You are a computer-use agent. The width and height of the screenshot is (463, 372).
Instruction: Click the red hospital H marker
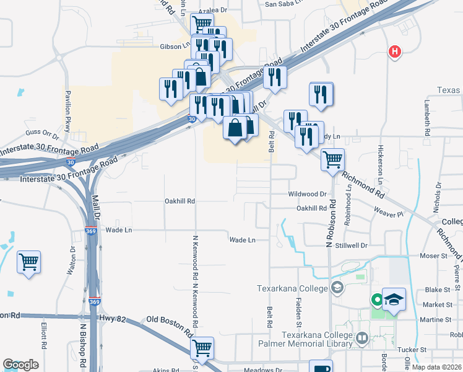click(394, 52)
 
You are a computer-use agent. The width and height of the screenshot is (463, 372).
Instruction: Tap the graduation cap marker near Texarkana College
click(394, 300)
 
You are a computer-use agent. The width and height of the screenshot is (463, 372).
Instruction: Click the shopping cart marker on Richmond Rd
click(333, 160)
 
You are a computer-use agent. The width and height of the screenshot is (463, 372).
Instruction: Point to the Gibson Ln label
click(175, 46)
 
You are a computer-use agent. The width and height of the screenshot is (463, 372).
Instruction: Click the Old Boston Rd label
click(167, 321)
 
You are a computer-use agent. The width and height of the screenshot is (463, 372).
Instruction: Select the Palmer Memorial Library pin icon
click(362, 339)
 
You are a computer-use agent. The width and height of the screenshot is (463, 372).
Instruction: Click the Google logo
click(20, 365)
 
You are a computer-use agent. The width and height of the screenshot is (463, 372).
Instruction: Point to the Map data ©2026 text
click(436, 367)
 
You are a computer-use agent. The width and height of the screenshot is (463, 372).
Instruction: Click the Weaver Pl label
click(389, 214)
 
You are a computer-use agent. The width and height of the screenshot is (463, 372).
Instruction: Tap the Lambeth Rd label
click(428, 119)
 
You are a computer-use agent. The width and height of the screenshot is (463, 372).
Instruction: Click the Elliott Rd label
click(44, 335)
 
